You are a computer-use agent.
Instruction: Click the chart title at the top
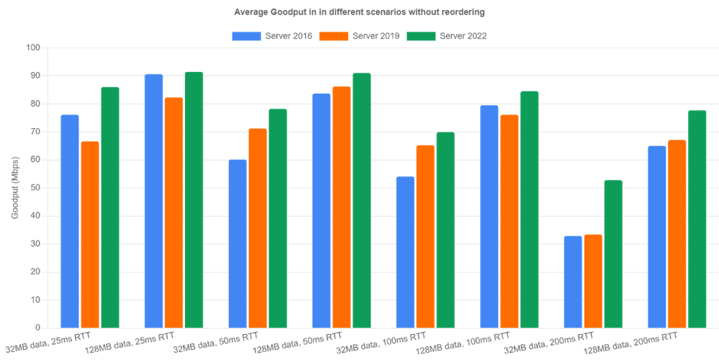[x=359, y=12]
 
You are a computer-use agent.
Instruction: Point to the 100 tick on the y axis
[x=34, y=48]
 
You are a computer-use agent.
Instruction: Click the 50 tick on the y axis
[x=36, y=188]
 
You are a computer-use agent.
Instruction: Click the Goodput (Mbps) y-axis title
[x=14, y=188]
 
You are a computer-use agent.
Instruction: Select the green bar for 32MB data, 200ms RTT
[x=613, y=254]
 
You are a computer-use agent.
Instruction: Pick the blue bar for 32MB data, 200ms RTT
[x=573, y=282]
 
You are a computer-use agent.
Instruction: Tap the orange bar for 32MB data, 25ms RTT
[x=89, y=234]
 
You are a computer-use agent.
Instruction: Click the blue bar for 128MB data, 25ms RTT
[x=153, y=200]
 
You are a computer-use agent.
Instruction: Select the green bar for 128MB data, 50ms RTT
[x=361, y=200]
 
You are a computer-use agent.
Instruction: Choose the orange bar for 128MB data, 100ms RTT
[x=509, y=221]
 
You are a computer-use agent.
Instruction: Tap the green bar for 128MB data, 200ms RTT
[x=697, y=218]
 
